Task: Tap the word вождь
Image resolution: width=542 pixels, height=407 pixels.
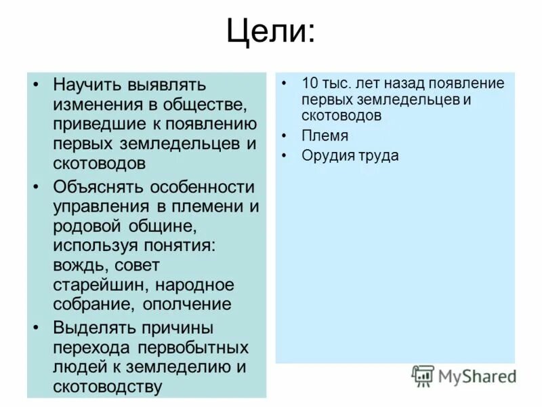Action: pos(79,265)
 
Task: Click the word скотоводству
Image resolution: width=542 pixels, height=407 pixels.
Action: pos(108,387)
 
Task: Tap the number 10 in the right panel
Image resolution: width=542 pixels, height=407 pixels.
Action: pos(310,84)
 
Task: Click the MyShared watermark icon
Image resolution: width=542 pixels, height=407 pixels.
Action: pos(423,376)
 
